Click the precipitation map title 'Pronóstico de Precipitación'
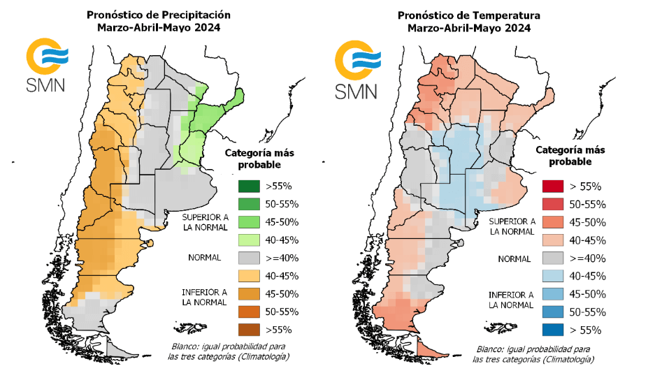158,14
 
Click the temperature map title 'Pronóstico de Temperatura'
469,15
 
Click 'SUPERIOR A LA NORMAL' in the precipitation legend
200,221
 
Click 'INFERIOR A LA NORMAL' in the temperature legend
512,300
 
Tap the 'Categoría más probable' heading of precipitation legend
253,159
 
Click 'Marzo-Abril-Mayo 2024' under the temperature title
469,29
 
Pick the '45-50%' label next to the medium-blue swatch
587,294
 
